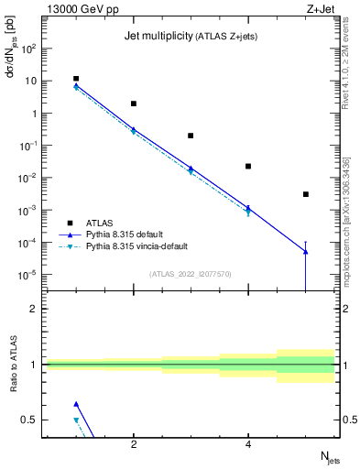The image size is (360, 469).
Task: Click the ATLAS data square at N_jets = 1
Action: (x=76, y=79)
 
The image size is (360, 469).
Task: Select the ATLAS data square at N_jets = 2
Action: (x=134, y=104)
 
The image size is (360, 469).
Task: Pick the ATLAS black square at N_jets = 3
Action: (x=191, y=136)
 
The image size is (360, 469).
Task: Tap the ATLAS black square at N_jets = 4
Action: (x=248, y=166)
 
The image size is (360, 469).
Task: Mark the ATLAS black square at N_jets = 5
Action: (x=306, y=194)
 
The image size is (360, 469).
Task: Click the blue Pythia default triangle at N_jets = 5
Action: (x=306, y=251)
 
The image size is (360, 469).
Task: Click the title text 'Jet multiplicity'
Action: (x=157, y=38)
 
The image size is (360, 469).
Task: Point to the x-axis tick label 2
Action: (x=134, y=445)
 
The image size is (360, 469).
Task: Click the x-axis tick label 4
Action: (x=248, y=445)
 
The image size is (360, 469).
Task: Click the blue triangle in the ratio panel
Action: (x=76, y=404)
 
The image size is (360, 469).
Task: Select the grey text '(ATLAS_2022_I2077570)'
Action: (x=191, y=273)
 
